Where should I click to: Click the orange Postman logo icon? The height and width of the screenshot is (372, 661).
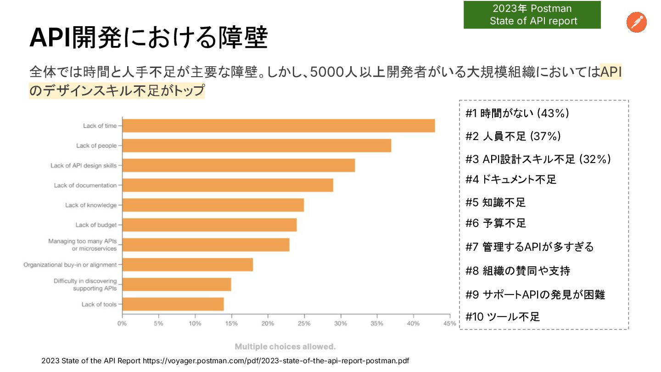click(636, 23)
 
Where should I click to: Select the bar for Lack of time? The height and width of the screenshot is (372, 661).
click(278, 126)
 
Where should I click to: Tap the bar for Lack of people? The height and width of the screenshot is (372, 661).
click(257, 146)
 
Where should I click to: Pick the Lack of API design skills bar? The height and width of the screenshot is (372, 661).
click(238, 165)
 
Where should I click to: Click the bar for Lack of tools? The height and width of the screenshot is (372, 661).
click(173, 304)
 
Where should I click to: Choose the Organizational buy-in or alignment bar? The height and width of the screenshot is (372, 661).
click(187, 265)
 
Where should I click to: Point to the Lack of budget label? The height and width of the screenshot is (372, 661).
click(96, 225)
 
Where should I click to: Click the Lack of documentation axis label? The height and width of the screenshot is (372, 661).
click(85, 186)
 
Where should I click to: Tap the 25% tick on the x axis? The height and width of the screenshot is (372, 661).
click(304, 323)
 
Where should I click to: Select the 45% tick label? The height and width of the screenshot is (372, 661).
click(450, 323)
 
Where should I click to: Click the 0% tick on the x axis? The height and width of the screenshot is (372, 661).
click(122, 323)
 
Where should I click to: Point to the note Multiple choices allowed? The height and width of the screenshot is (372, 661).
click(285, 347)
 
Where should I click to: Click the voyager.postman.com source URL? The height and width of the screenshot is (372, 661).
click(275, 361)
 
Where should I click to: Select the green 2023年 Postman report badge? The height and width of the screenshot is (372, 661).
click(532, 15)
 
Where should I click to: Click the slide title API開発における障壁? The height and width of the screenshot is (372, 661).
click(148, 39)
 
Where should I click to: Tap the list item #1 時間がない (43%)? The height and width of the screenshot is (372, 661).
click(517, 113)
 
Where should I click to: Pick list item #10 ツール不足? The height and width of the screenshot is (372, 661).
click(503, 316)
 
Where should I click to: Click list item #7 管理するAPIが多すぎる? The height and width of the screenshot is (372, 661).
click(529, 247)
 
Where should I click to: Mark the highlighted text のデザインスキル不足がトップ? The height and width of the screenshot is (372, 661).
click(117, 90)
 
